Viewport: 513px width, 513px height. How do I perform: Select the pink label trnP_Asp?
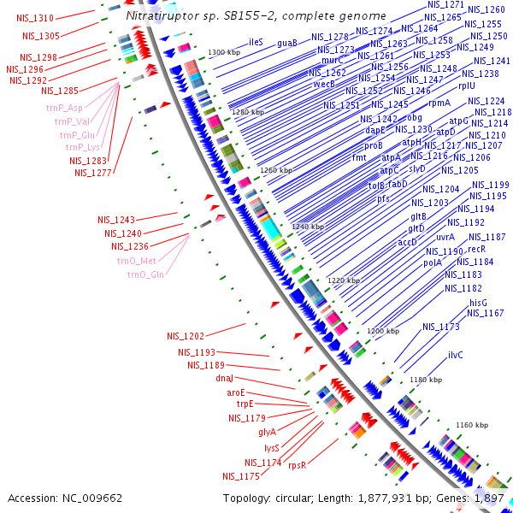[x=65, y=108]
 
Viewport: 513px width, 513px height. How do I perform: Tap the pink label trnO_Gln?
[x=146, y=274]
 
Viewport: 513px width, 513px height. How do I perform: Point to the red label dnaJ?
[x=224, y=377]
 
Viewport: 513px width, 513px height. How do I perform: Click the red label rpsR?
[x=297, y=465]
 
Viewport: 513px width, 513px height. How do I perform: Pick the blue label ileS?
[x=256, y=42]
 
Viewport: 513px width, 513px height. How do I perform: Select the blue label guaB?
[x=287, y=42]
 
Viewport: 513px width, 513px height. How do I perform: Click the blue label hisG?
[x=478, y=303]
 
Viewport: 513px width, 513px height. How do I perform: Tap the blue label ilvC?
[x=455, y=354]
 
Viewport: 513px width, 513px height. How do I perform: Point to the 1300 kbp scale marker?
[x=224, y=53]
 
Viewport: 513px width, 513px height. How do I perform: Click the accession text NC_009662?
[x=65, y=498]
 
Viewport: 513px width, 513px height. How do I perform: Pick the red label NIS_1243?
[x=115, y=220]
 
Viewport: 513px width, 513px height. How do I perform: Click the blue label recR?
[x=476, y=249]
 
